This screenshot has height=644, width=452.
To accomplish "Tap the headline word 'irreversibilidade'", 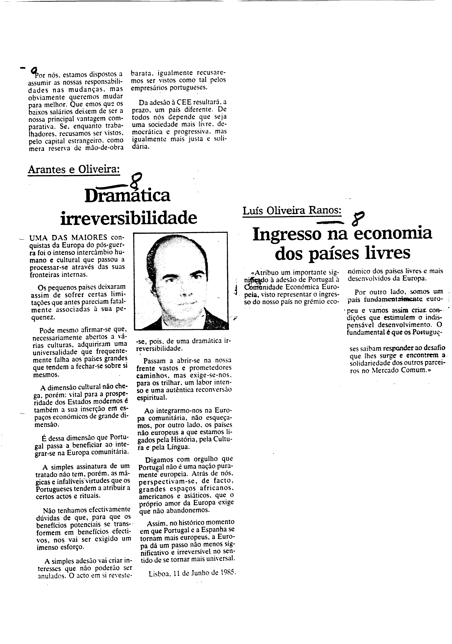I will (129, 218).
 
